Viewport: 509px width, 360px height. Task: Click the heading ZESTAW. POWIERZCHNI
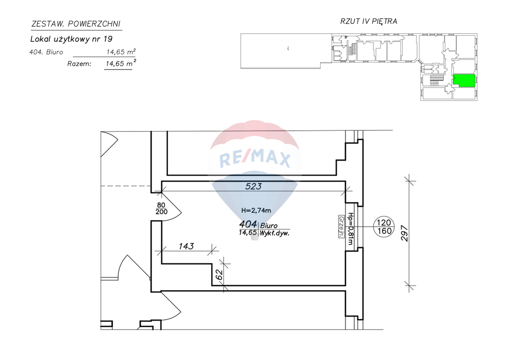pyautogui.click(x=76, y=23)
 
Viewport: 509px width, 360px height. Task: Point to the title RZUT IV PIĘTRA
pyautogui.click(x=368, y=21)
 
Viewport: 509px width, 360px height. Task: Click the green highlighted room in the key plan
pyautogui.click(x=463, y=81)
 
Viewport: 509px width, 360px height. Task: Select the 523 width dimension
pyautogui.click(x=254, y=186)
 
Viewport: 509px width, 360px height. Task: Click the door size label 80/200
pyautogui.click(x=161, y=208)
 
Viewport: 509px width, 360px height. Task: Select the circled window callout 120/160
pyautogui.click(x=383, y=227)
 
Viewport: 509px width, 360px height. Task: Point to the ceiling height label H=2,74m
pyautogui.click(x=255, y=210)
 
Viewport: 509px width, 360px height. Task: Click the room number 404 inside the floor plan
pyautogui.click(x=248, y=224)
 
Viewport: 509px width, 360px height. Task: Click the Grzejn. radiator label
pyautogui.click(x=341, y=227)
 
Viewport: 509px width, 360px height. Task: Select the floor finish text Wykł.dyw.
pyautogui.click(x=275, y=232)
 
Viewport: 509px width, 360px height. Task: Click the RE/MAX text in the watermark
pyautogui.click(x=255, y=159)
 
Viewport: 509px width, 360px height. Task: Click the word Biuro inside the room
pyautogui.click(x=269, y=225)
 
